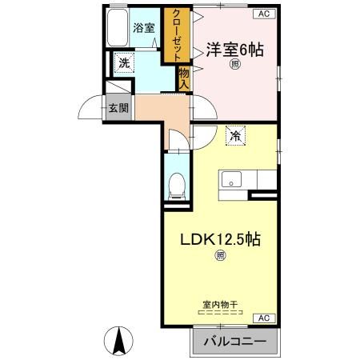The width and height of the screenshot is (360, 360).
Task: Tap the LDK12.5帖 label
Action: [x=219, y=239]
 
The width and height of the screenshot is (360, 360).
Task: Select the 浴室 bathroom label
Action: [x=143, y=28]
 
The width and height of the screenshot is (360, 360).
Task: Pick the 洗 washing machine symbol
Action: [x=124, y=61]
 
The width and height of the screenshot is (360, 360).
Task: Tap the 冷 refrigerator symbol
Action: [x=235, y=137]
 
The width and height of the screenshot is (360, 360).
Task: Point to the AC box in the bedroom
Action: [x=263, y=14]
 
